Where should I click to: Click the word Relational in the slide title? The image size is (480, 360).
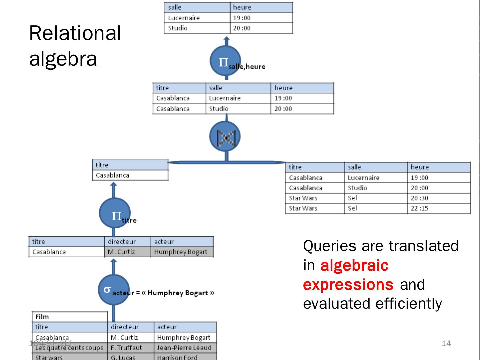[75, 33]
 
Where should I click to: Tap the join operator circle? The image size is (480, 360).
[225, 137]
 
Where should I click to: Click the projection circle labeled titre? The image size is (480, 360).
[114, 213]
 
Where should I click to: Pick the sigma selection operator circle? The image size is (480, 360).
[113, 289]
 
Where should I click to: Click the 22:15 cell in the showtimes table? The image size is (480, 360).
[419, 208]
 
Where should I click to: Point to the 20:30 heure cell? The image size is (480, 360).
[419, 198]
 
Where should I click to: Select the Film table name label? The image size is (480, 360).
[42, 317]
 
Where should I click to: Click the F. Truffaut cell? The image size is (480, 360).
[126, 348]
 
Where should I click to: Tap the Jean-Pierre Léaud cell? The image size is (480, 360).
[184, 348]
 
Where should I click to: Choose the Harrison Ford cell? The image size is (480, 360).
[177, 357]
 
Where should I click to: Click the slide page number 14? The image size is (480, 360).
[446, 343]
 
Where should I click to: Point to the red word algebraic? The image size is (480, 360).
[354, 265]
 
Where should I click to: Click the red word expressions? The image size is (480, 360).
[348, 284]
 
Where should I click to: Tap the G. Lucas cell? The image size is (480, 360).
[123, 357]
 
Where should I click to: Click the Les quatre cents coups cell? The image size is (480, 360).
[69, 348]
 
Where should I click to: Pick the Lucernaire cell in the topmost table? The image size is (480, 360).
[184, 18]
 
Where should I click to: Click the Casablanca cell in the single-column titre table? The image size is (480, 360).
[112, 175]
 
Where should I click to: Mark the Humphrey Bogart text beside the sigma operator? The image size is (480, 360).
[178, 293]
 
